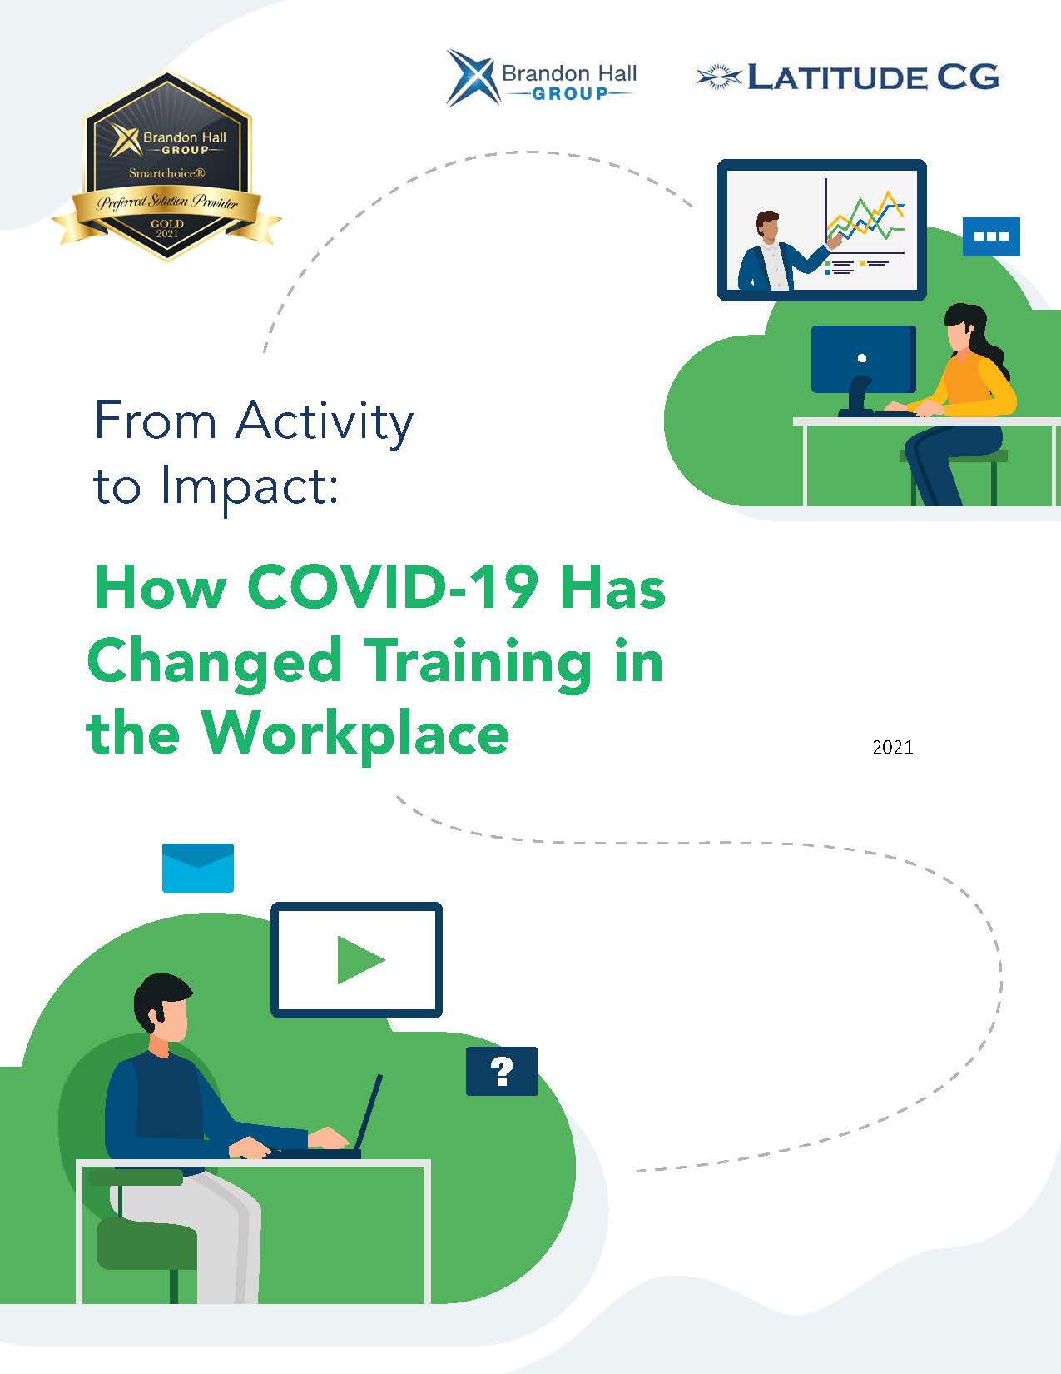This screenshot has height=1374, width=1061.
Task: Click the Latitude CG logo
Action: [847, 77]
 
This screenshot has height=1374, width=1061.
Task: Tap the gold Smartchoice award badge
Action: [166, 167]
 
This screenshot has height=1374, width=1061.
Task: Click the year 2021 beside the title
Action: [892, 748]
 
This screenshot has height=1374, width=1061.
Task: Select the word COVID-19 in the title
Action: [393, 587]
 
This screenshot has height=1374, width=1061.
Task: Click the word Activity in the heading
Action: [325, 421]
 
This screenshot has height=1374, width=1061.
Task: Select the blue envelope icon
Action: [198, 868]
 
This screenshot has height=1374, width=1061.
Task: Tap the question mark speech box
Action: [502, 1071]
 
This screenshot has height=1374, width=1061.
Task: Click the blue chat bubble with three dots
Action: [991, 236]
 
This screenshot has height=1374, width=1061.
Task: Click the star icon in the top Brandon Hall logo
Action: [471, 78]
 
